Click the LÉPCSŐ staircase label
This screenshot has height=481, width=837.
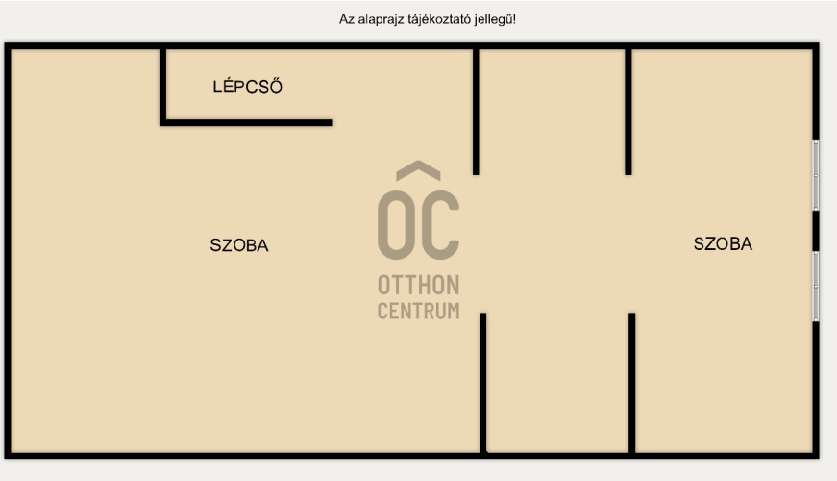click(x=247, y=86)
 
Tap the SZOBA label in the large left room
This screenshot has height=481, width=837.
click(x=239, y=245)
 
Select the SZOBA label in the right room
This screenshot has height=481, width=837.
click(x=723, y=243)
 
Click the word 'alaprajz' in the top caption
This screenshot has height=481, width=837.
click(x=380, y=20)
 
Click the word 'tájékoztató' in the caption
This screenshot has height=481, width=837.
click(x=439, y=20)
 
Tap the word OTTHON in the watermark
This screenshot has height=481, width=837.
click(x=419, y=285)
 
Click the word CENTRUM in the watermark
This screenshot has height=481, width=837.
click(x=419, y=311)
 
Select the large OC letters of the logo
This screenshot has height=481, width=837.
click(x=419, y=225)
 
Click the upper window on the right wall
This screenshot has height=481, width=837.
click(x=816, y=175)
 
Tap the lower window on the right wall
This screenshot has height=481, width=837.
click(x=816, y=286)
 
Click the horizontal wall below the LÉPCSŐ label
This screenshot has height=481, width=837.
click(x=246, y=123)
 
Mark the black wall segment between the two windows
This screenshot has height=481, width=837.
click(x=816, y=231)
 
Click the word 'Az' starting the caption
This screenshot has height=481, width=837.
click(x=346, y=20)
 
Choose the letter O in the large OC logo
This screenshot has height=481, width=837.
click(x=397, y=225)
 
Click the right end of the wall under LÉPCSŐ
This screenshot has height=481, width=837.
click(x=332, y=123)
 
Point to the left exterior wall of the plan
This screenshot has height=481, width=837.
click(x=8, y=251)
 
